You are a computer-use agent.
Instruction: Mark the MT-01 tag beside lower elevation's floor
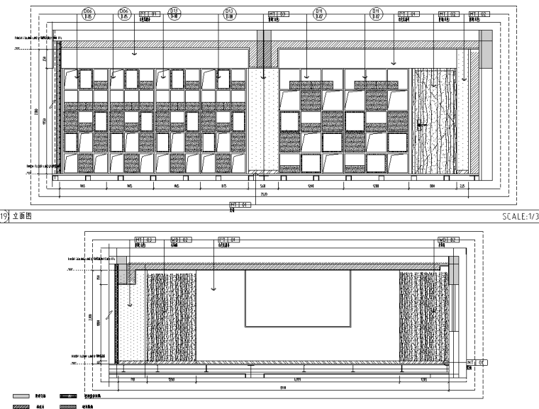coord(474,362)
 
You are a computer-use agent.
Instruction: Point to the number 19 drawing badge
coord(5,215)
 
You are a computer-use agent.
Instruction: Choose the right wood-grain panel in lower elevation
coord(424,315)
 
